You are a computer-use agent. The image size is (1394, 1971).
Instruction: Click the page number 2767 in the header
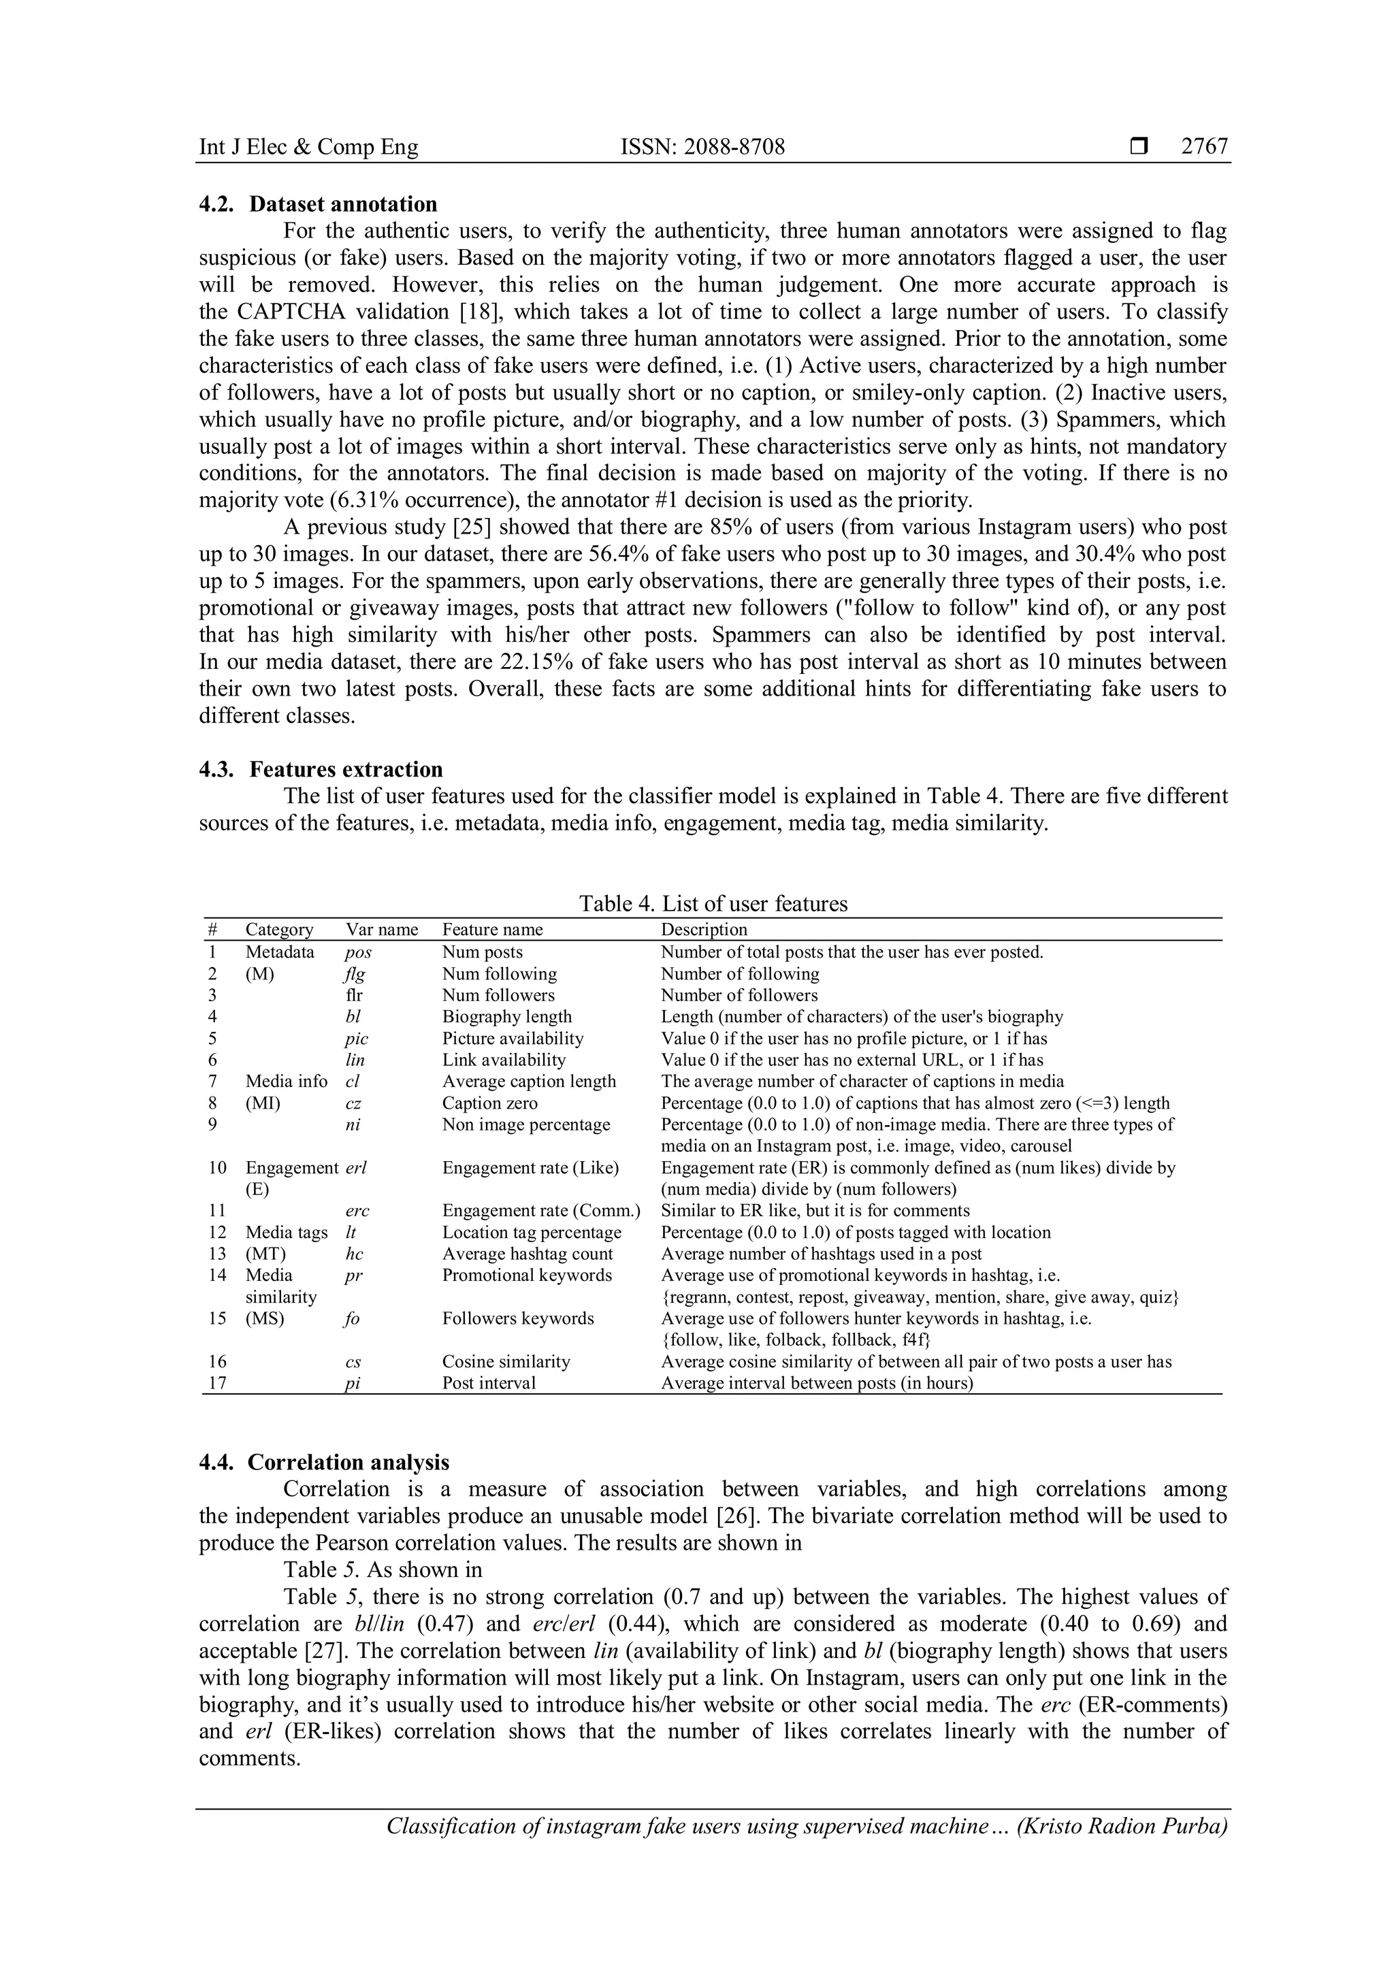click(1204, 147)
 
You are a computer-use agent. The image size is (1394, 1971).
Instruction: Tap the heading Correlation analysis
click(348, 1462)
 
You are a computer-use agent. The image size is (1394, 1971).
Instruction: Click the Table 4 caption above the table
click(713, 903)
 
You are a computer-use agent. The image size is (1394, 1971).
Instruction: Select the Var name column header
click(381, 929)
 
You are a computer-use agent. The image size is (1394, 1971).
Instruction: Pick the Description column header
click(703, 929)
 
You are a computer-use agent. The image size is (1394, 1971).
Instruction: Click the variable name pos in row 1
click(358, 952)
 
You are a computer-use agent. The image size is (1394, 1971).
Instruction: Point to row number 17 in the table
click(217, 1383)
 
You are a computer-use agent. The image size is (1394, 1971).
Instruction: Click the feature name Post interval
click(489, 1383)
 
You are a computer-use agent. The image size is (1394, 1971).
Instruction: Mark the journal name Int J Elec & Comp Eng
click(308, 147)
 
